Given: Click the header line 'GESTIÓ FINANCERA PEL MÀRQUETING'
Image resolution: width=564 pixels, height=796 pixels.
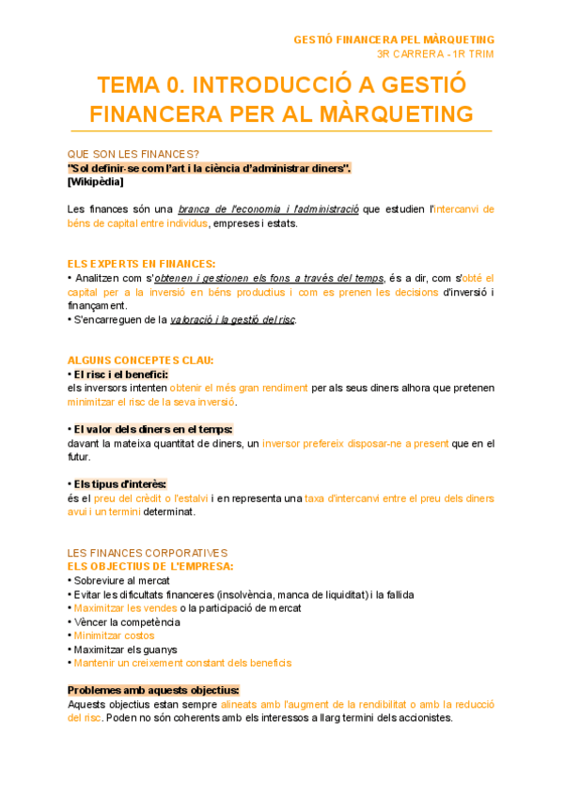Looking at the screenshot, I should point(394,39).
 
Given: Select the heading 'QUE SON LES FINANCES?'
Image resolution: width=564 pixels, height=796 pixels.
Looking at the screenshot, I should point(133,155).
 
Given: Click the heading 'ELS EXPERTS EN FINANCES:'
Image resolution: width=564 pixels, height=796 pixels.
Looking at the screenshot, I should point(141,264).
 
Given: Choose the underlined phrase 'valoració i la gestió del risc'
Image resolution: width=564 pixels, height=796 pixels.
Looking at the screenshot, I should point(232,320).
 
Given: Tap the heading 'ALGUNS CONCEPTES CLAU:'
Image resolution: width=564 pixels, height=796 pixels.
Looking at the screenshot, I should point(140,360).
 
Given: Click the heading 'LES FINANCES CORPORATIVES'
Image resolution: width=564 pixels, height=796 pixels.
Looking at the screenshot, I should point(148,554).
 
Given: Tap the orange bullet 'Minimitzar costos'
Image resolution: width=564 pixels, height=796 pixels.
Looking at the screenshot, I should point(115,635).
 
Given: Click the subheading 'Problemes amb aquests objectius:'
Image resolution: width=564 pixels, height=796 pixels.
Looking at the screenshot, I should point(153,690).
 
